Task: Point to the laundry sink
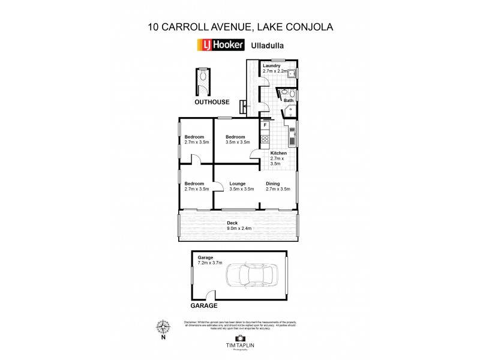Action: point(290,74)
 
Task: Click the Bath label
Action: point(288,100)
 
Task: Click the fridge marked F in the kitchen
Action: point(265,125)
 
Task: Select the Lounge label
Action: point(241,186)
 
